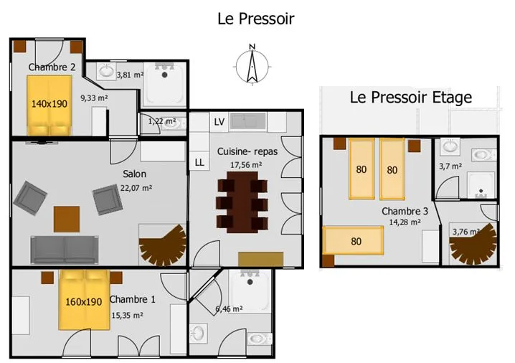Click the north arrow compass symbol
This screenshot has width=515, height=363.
pyautogui.click(x=252, y=65)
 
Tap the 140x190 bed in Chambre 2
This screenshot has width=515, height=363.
pyautogui.click(x=49, y=105)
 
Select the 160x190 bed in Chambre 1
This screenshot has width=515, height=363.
pyautogui.click(x=84, y=300)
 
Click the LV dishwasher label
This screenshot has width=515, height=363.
pyautogui.click(x=219, y=122)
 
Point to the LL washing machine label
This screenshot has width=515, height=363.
pyautogui.click(x=199, y=162)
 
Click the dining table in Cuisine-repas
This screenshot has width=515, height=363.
pyautogui.click(x=242, y=202)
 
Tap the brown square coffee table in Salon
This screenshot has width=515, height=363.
pyautogui.click(x=67, y=219)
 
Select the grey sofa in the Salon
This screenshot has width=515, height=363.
pyautogui.click(x=65, y=250)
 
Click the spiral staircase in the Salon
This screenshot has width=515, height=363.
pyautogui.click(x=163, y=245)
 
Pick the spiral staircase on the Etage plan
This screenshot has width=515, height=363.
pyautogui.click(x=473, y=244)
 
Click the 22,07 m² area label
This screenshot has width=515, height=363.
pyautogui.click(x=136, y=188)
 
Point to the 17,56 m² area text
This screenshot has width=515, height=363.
pyautogui.click(x=246, y=165)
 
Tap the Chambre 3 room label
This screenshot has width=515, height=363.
pyautogui.click(x=405, y=211)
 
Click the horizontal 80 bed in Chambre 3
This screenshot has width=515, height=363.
pyautogui.click(x=353, y=240)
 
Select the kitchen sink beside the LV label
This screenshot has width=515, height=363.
pyautogui.click(x=248, y=121)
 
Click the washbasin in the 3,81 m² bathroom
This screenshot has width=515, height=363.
pyautogui.click(x=106, y=71)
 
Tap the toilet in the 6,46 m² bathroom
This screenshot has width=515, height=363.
pyautogui.click(x=260, y=339)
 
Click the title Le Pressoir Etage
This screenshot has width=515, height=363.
pyautogui.click(x=410, y=98)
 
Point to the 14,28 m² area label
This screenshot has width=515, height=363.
pyautogui.click(x=405, y=222)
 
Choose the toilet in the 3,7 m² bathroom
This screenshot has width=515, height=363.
pyautogui.click(x=484, y=154)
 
